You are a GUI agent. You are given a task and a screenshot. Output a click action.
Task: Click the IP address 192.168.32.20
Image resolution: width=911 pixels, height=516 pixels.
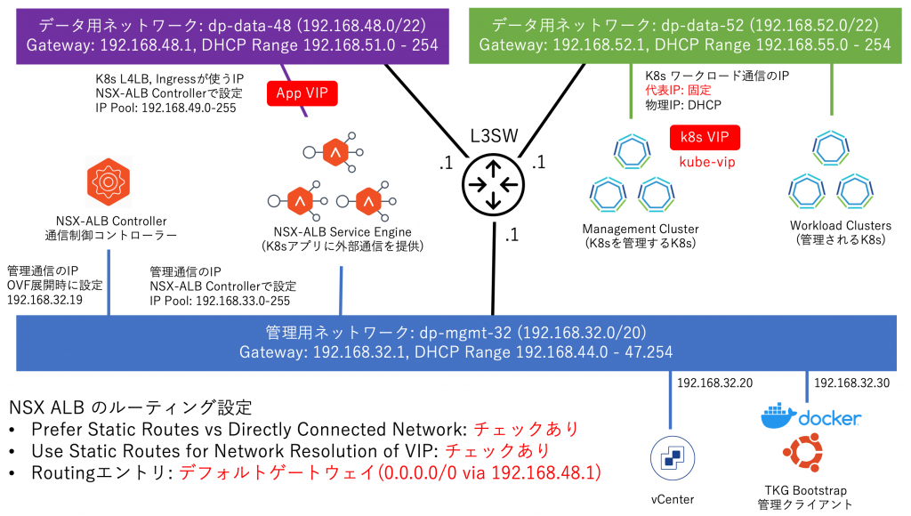coord(714,383)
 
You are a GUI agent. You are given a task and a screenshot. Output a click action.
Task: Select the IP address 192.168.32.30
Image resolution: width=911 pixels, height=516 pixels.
coord(851,383)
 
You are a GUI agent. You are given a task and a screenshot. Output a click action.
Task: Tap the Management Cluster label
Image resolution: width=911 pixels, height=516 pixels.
coord(640,228)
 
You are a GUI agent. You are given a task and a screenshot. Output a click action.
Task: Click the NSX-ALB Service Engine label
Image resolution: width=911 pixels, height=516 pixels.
coord(341,232)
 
